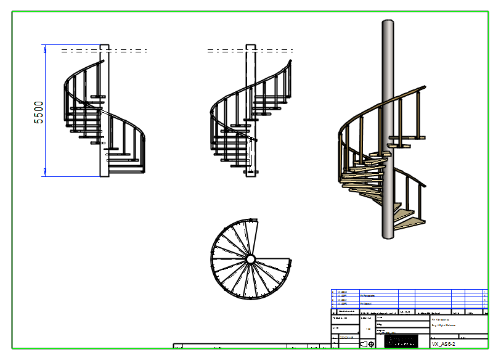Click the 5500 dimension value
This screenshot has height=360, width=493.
(39, 112)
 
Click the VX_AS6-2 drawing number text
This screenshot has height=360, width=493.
(444, 343)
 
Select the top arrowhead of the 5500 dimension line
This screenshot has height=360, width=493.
(45, 47)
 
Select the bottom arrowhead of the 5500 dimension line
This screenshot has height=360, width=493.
(45, 173)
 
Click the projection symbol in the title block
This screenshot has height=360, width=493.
(367, 343)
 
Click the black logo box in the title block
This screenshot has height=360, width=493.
(400, 341)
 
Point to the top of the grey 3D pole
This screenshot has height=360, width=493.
(388, 22)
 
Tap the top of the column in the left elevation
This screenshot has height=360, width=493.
(104, 46)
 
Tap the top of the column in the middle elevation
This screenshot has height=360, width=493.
(250, 46)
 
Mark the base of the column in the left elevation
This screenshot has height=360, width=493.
(104, 175)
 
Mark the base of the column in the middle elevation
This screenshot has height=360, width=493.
(250, 175)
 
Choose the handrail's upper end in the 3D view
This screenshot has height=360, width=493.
(424, 88)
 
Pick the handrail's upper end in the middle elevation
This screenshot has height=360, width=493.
(290, 61)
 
